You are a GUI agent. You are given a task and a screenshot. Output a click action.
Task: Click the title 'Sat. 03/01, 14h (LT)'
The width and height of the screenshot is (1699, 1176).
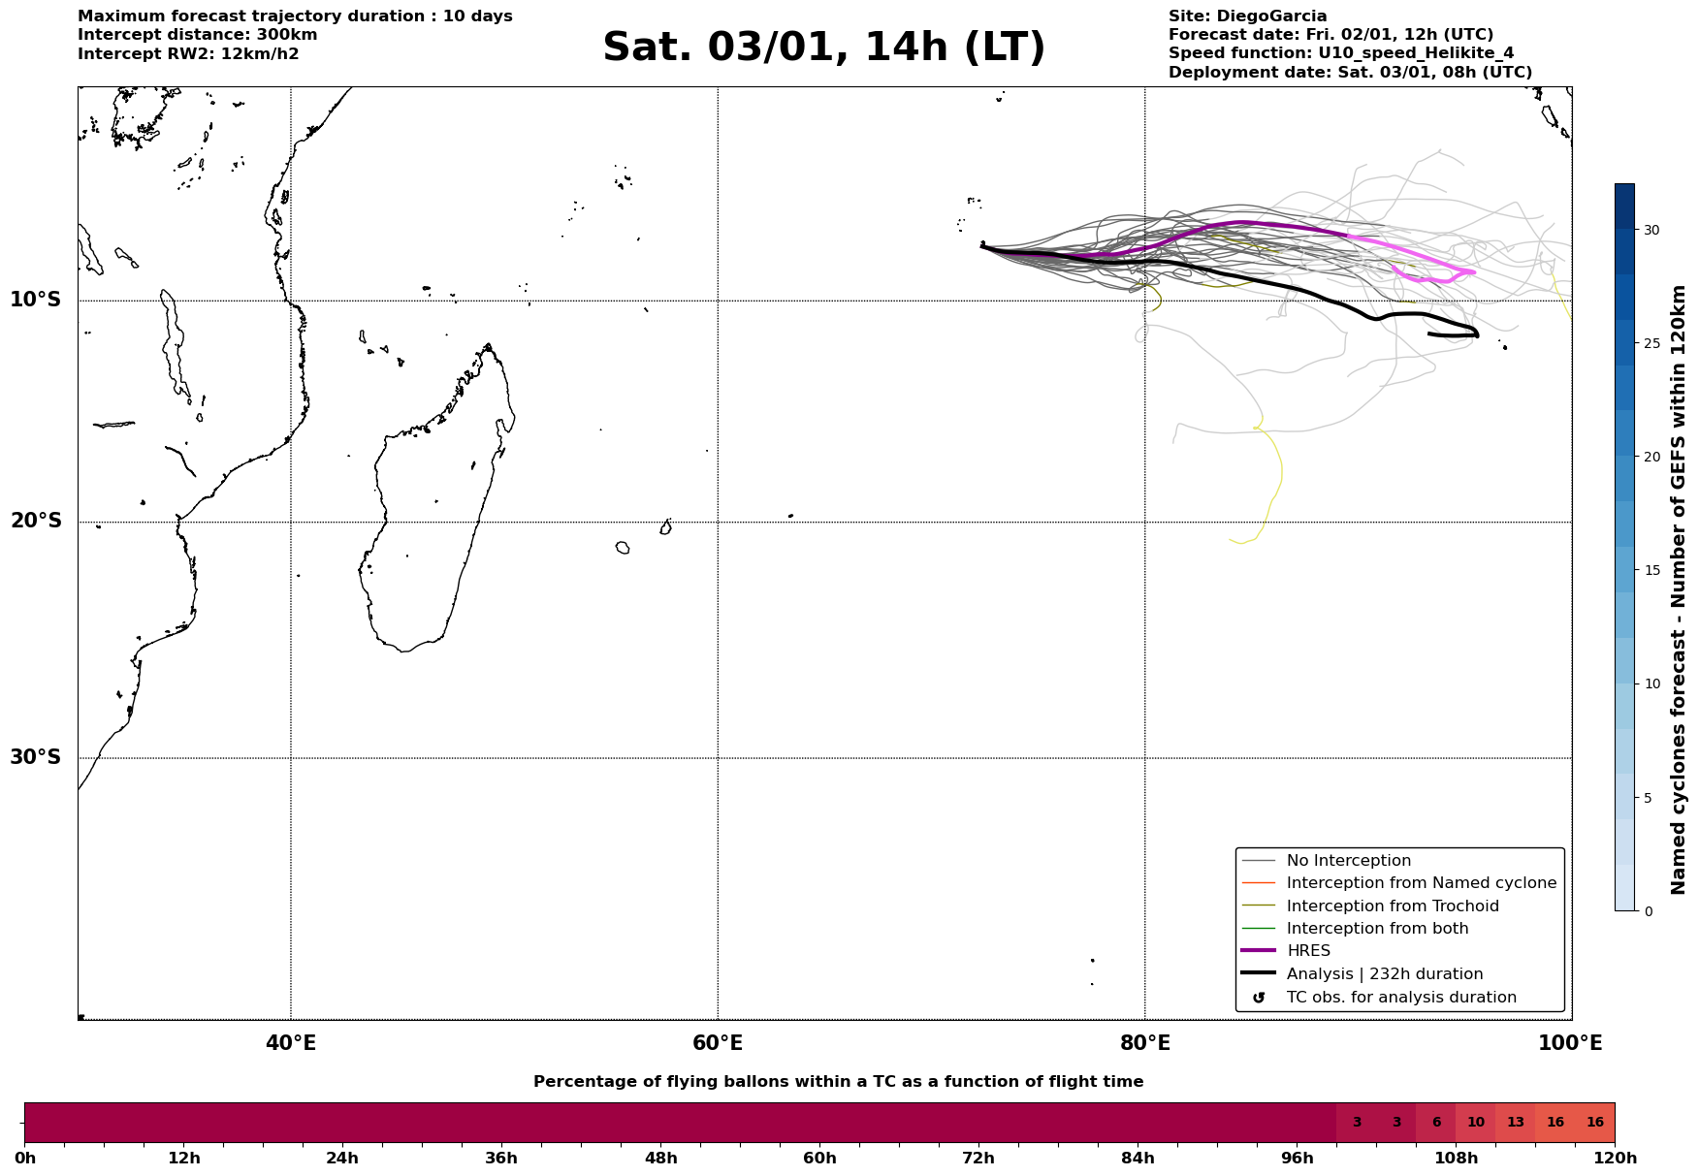823,48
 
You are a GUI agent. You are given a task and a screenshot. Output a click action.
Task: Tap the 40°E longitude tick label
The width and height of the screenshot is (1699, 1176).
291,1043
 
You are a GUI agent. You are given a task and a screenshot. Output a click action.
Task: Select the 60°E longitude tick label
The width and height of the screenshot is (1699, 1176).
718,1043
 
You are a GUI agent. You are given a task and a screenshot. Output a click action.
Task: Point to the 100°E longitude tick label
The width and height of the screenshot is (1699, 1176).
1570,1043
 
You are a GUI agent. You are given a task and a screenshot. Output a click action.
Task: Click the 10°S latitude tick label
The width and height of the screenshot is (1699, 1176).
36,300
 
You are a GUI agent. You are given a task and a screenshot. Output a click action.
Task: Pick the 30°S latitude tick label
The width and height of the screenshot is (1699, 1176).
36,757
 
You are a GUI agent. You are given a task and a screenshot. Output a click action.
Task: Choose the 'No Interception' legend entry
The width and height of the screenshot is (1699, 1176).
1348,861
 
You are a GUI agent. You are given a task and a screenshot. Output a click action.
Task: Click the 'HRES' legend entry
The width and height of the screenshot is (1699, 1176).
1308,951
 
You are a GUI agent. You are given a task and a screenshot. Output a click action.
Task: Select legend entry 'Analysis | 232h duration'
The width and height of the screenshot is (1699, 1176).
1384,974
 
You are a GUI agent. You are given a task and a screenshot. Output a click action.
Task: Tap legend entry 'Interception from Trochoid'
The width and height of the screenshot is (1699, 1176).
1392,906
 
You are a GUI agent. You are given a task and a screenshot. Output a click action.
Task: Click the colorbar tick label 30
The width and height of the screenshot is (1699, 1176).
1651,230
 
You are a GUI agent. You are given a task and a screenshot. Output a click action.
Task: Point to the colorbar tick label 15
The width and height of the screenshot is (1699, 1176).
1651,570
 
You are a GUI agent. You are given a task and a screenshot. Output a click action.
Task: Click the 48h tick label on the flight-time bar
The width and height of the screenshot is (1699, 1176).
660,1159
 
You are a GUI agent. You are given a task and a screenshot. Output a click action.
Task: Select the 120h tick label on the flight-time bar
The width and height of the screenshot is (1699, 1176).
1615,1159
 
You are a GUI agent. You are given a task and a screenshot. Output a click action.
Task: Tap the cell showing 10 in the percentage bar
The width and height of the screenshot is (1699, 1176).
1475,1123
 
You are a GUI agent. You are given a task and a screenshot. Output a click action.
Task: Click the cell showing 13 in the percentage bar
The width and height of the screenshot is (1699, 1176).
1515,1123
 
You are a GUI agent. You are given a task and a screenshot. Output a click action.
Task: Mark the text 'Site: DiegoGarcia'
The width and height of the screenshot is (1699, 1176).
1247,16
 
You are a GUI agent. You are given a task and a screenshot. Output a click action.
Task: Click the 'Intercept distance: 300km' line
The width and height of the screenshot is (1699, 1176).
198,35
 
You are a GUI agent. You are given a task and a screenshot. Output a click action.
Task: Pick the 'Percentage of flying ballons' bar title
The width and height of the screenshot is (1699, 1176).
838,1082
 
